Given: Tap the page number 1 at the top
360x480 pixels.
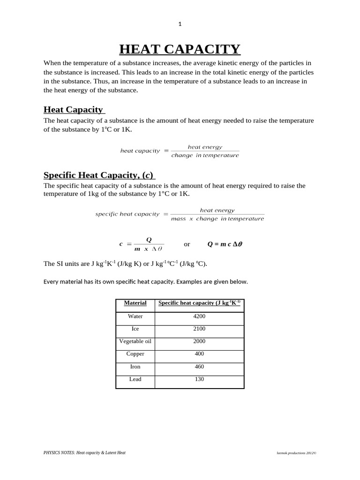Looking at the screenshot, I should click(180, 24).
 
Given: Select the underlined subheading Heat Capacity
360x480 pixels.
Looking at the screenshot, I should click(74, 110).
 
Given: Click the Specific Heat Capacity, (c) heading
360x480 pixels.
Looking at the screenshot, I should click(99, 175).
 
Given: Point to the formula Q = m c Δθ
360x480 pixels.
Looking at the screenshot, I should click(225, 244).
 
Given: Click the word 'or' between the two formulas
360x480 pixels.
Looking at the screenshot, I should click(187, 244).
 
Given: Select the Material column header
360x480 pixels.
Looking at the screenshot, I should click(135, 303).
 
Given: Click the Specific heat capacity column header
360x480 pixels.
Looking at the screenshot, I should click(199, 303).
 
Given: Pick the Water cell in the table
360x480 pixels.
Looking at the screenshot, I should click(135, 316).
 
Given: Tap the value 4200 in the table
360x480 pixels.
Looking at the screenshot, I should click(199, 316).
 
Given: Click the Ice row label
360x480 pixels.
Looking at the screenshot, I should click(135, 329).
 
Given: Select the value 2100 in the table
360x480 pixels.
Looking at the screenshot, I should click(199, 329).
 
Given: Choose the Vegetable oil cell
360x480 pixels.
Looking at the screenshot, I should click(135, 341).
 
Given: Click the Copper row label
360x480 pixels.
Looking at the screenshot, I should click(135, 354).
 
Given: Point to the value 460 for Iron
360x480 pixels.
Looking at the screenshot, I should click(199, 367).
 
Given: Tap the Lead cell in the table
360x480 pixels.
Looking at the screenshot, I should click(135, 379).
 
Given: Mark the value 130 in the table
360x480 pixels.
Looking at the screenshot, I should click(199, 379).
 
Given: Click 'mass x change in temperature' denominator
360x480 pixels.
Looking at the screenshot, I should click(217, 219).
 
